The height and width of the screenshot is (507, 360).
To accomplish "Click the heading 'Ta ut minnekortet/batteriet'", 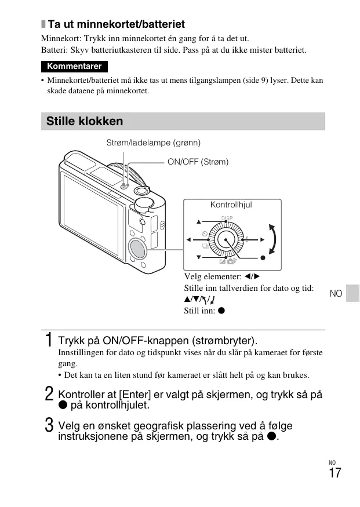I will click(x=117, y=24).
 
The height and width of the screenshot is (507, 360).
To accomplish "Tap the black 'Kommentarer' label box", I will click(x=74, y=66).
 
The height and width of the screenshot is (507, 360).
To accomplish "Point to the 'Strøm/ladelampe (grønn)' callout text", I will click(x=154, y=143).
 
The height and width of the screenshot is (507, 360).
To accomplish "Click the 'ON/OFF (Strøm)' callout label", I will click(x=198, y=162).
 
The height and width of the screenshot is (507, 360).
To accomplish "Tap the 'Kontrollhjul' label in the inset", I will click(x=231, y=205).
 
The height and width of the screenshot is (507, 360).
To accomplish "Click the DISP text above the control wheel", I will click(x=227, y=217).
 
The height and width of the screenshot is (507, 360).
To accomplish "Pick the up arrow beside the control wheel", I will click(x=198, y=221).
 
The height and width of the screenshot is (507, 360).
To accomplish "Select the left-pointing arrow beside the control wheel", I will click(x=188, y=239).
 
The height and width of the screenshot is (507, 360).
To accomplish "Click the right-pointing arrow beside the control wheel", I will click(x=263, y=239).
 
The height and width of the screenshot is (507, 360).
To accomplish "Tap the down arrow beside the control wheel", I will click(x=198, y=257).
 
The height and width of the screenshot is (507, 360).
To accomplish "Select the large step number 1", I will click(x=50, y=340).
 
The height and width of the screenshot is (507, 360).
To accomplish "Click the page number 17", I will click(x=334, y=473).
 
